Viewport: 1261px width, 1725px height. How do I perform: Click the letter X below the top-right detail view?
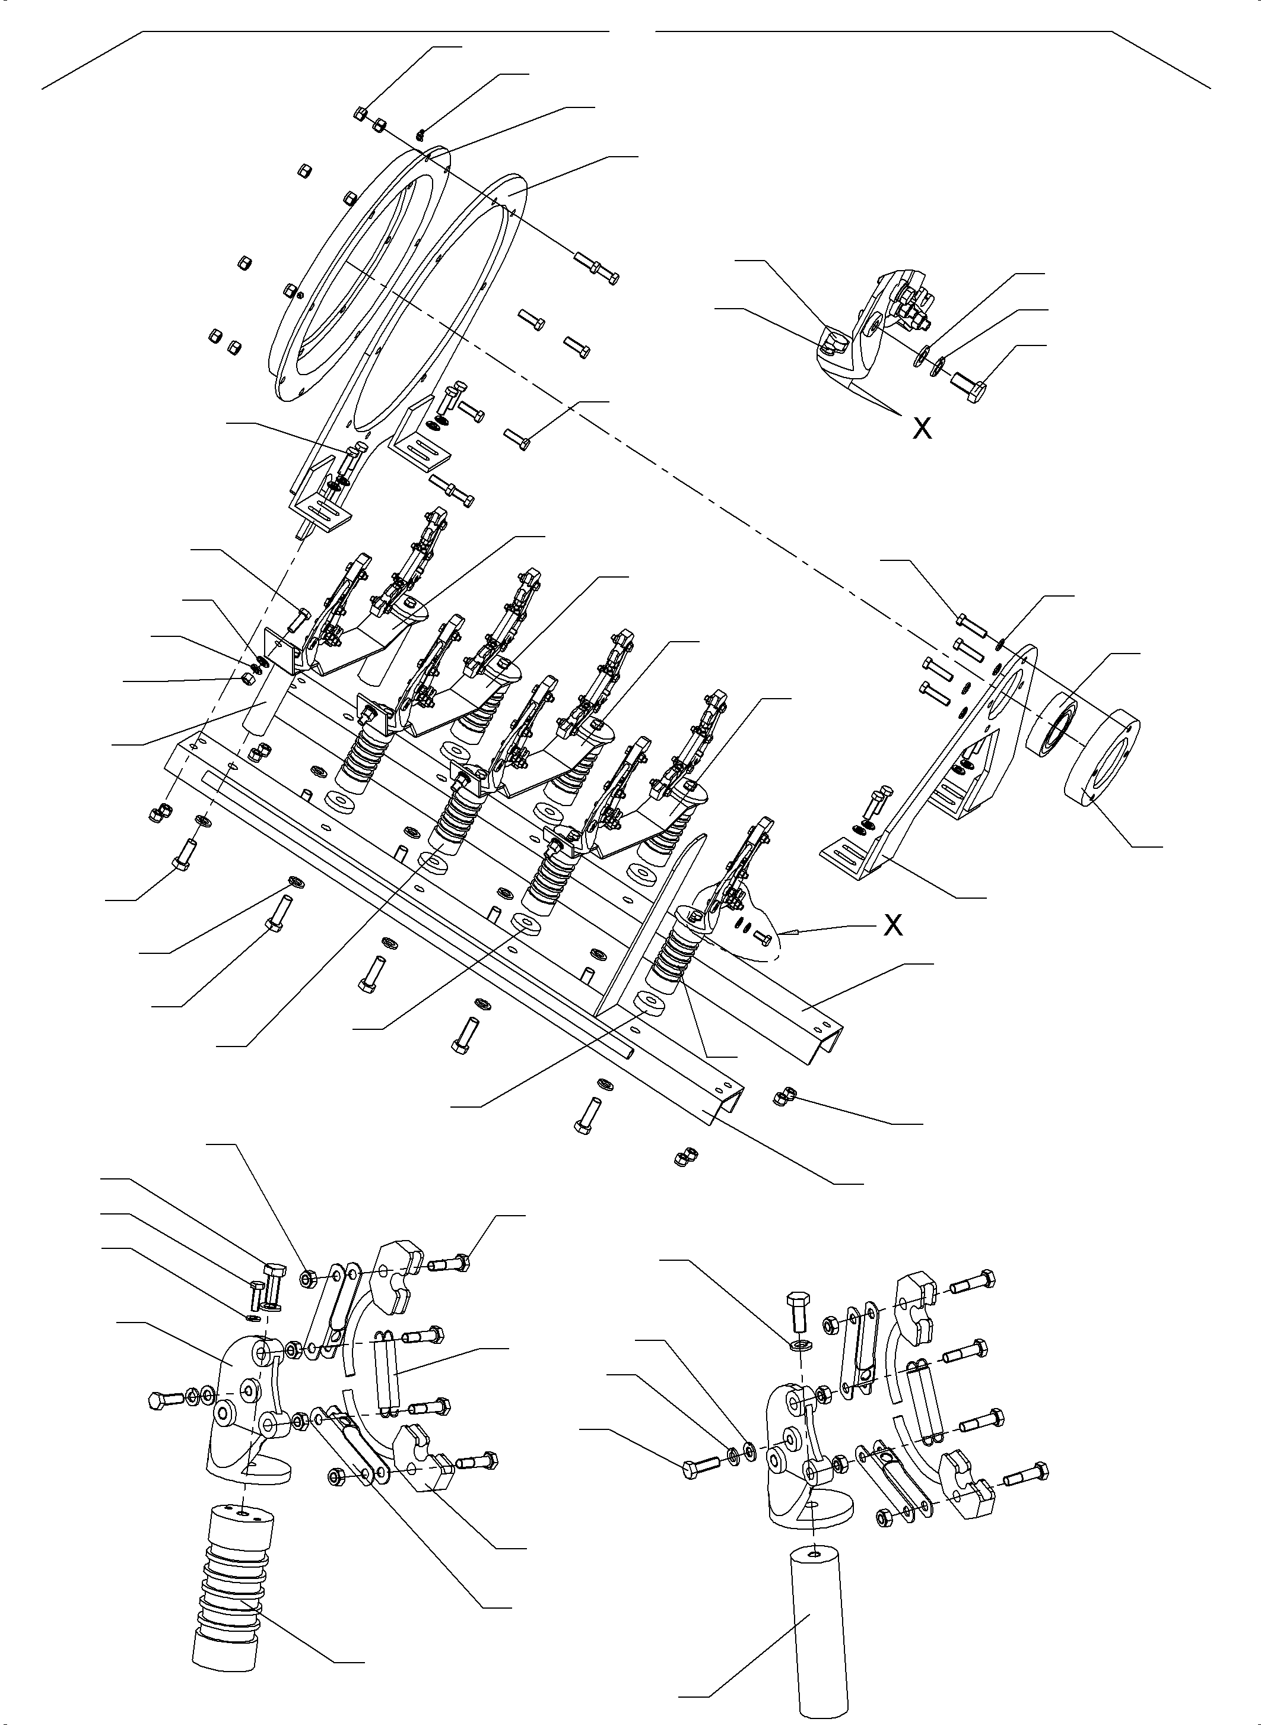tap(922, 429)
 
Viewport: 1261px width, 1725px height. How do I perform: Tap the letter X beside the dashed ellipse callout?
tap(892, 925)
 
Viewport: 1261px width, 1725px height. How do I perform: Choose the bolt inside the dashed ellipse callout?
tap(761, 936)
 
